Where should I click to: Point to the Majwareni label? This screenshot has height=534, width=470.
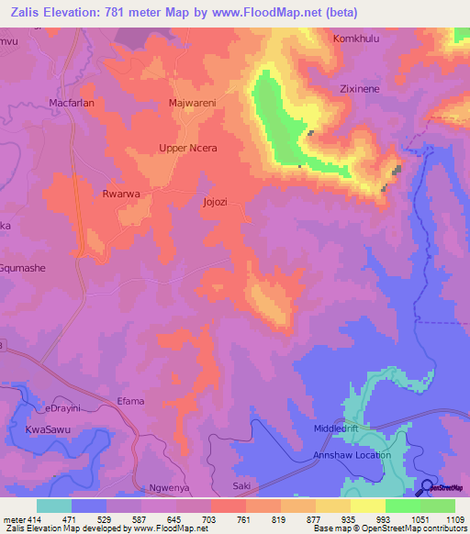[x=192, y=104]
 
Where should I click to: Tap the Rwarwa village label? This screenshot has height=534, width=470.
[x=120, y=194]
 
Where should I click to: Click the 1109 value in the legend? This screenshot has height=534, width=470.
[x=453, y=519]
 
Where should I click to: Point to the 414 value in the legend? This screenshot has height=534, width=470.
[x=28, y=519]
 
